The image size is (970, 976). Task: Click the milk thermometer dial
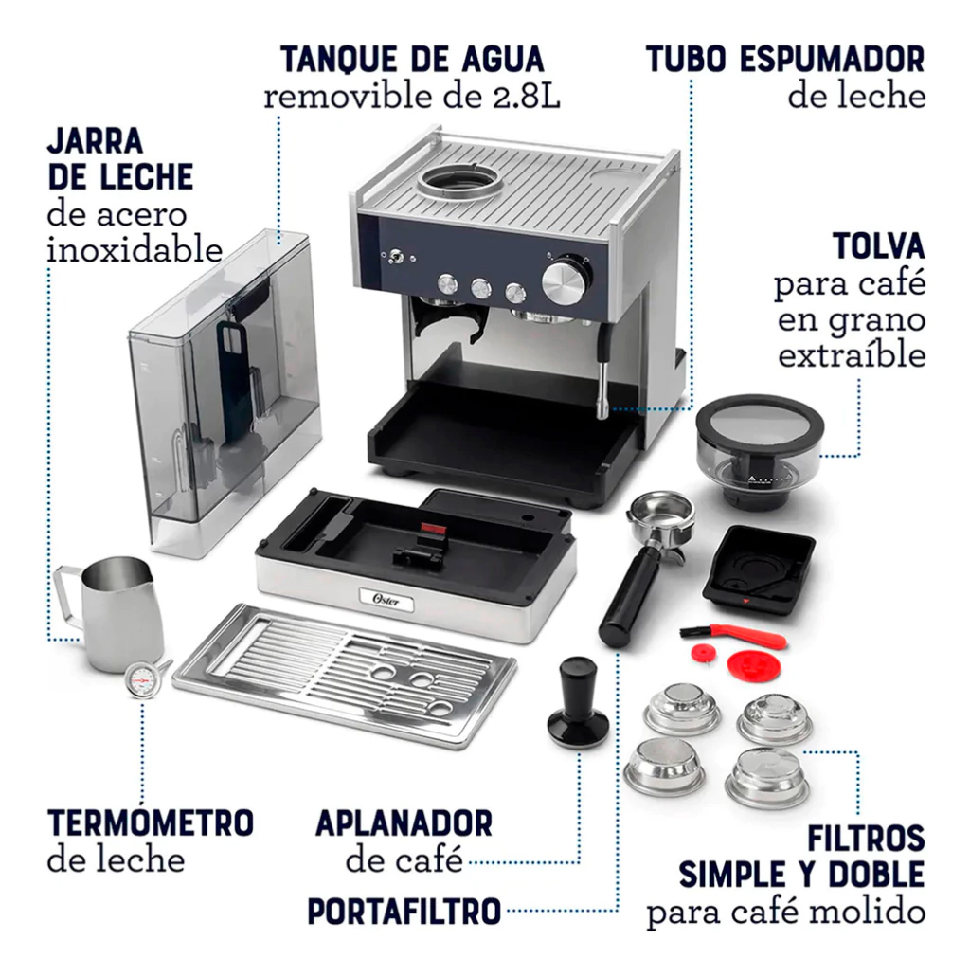pyautogui.click(x=142, y=680)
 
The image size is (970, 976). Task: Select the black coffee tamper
pyautogui.click(x=578, y=703)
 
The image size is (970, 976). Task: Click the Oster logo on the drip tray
pyautogui.click(x=386, y=601)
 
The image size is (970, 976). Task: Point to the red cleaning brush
pyautogui.click(x=733, y=636)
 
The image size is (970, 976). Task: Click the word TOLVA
pyautogui.click(x=878, y=246)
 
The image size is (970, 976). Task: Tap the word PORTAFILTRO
pyautogui.click(x=404, y=912)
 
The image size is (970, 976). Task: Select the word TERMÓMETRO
pyautogui.click(x=151, y=822)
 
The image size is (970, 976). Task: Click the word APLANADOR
pyautogui.click(x=404, y=822)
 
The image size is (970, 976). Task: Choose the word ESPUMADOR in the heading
pyautogui.click(x=833, y=60)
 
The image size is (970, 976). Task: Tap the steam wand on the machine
pyautogui.click(x=602, y=372)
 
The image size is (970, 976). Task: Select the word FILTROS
pyautogui.click(x=866, y=838)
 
